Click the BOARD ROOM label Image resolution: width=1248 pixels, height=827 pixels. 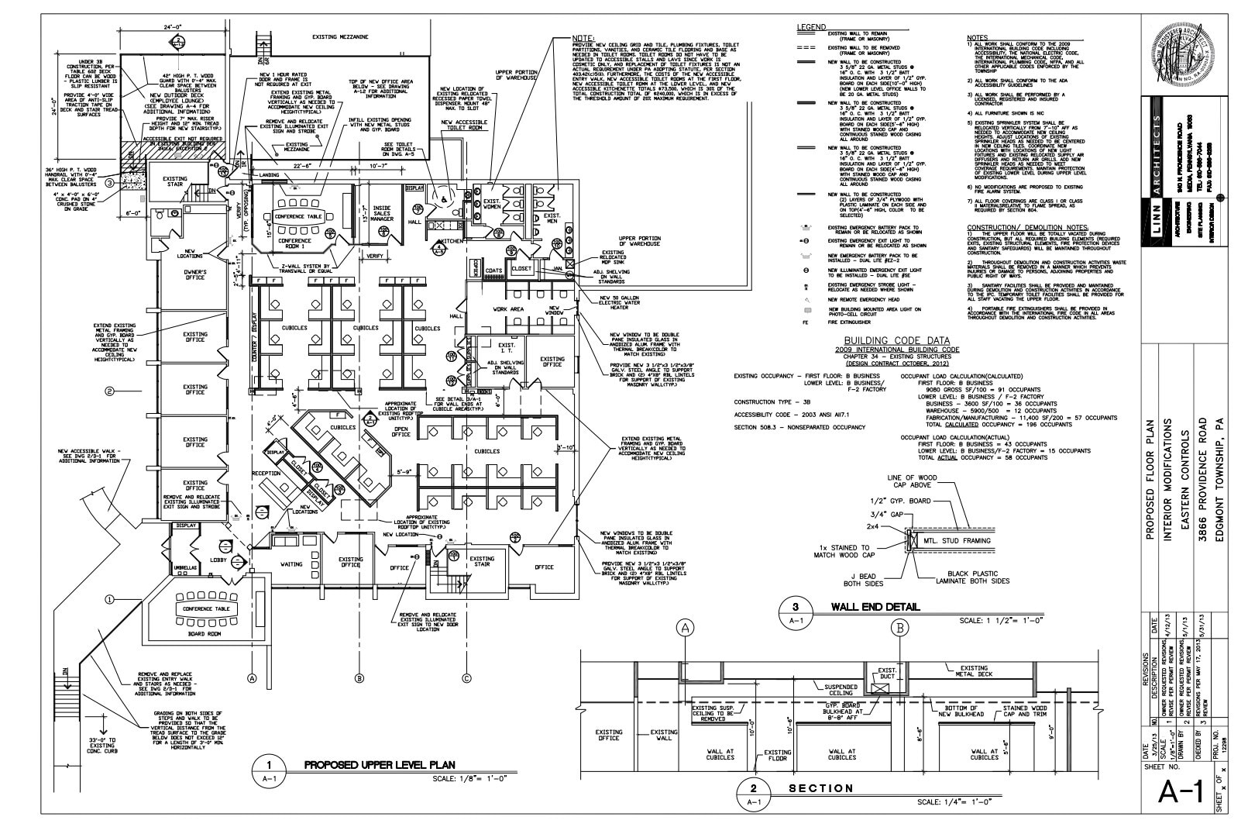[x=205, y=633]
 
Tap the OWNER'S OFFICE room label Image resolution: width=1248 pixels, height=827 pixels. [x=194, y=274]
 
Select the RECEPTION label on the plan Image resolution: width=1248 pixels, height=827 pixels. [x=266, y=473]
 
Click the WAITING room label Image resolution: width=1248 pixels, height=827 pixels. [x=291, y=564]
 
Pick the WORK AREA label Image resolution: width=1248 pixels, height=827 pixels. [x=508, y=309]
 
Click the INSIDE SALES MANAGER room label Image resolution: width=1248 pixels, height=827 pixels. [x=382, y=213]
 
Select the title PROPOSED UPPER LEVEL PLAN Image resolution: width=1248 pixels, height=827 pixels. [x=379, y=764]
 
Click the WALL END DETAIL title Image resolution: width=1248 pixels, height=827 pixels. [x=875, y=607]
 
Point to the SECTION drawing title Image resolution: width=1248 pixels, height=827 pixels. [x=820, y=788]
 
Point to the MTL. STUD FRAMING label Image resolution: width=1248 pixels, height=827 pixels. [x=957, y=540]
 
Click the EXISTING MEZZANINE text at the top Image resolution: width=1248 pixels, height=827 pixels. [x=339, y=36]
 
